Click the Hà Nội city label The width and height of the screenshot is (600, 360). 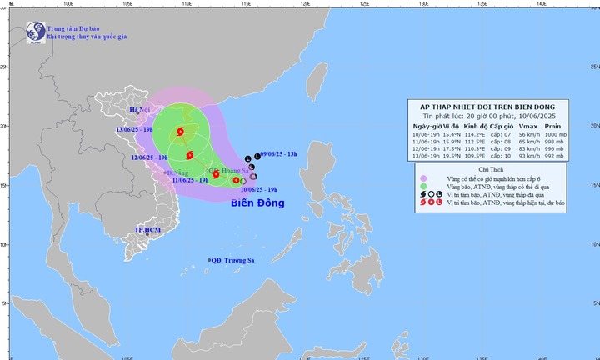(x=138, y=110)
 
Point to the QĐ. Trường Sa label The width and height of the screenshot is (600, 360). (x=234, y=261)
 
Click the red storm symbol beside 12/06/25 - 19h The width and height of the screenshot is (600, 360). (x=190, y=154)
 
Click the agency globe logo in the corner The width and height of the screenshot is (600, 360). (x=35, y=32)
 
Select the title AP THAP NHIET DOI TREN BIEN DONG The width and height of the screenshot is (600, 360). (x=487, y=107)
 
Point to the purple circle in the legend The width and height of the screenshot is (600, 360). (x=424, y=177)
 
